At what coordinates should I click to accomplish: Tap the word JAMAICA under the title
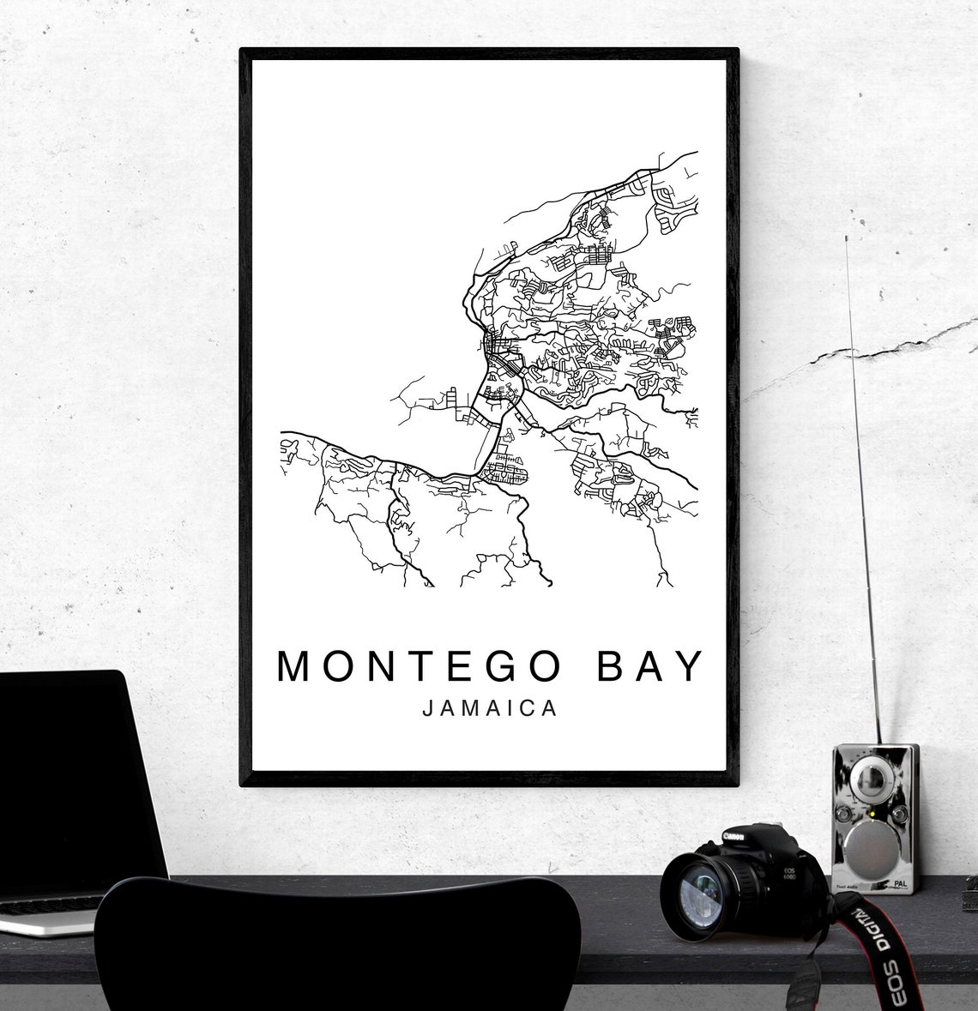[490, 709]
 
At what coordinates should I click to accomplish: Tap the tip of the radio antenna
[847, 238]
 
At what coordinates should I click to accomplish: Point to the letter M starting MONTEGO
[294, 665]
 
